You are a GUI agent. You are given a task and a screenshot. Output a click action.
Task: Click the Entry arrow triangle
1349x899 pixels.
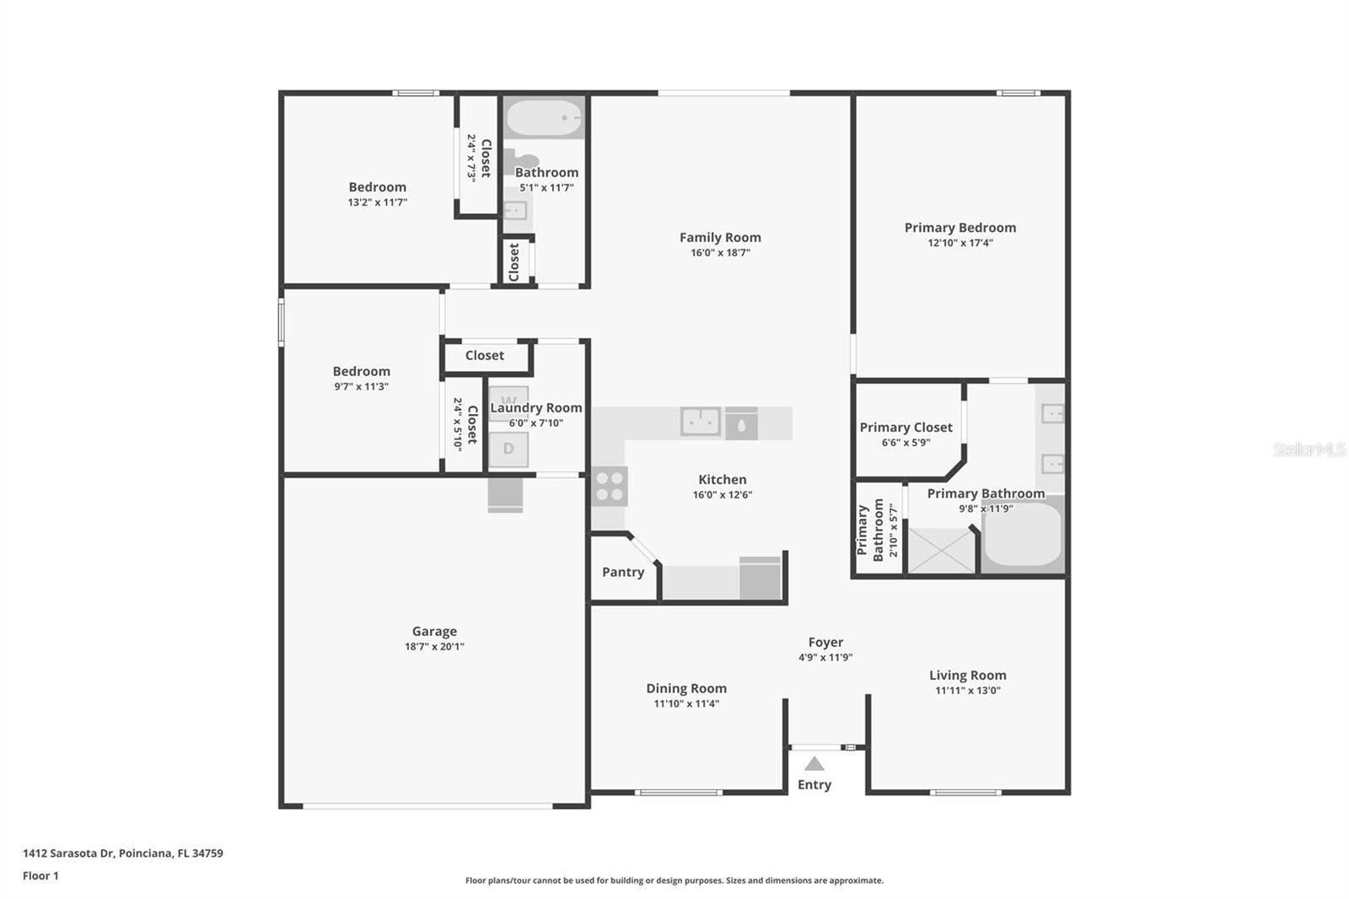tap(814, 764)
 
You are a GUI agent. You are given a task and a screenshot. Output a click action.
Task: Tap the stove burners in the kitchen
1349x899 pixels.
tap(609, 486)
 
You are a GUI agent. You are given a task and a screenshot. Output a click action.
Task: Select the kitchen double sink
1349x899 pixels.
tap(700, 422)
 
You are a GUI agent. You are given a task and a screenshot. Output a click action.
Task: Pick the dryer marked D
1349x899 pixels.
tap(508, 449)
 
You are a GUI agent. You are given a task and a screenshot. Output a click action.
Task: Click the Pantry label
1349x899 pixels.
tap(623, 572)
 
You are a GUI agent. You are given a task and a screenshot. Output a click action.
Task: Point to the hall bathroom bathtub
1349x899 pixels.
tap(544, 118)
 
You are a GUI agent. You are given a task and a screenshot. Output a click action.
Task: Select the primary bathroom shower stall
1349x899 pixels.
tap(941, 551)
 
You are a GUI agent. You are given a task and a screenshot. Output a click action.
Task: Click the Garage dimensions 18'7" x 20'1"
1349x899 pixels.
tap(434, 647)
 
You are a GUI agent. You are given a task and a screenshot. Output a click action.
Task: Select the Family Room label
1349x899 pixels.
tap(720, 238)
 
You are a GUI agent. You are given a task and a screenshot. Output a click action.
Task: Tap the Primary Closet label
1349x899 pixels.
tap(906, 428)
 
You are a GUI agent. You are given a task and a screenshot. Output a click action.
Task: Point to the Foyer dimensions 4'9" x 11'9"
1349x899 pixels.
tap(825, 658)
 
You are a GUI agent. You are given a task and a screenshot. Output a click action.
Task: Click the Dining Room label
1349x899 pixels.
tap(686, 688)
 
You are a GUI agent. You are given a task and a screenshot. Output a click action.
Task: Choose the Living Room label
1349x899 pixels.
tap(967, 675)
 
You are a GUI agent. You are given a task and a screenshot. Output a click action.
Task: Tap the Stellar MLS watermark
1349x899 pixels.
tap(1309, 449)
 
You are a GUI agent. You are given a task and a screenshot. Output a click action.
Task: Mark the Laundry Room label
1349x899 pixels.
tap(536, 408)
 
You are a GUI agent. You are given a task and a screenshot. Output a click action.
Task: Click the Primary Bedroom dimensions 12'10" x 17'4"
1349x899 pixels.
tap(960, 243)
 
